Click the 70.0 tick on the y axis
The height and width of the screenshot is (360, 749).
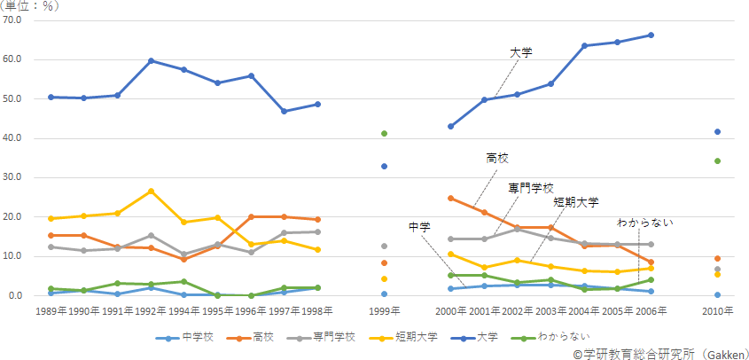18,20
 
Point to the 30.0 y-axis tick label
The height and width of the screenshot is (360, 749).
18,177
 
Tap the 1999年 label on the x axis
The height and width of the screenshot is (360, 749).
384,311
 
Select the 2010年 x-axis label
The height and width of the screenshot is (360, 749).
717,311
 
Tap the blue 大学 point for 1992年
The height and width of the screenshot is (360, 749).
152,60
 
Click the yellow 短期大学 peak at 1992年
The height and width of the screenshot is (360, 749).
152,191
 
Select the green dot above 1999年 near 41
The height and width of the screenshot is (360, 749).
384,133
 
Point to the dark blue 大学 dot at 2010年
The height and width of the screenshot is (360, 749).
717,132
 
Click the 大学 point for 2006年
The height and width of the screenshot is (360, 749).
651,35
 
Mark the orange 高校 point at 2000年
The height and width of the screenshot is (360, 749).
450,198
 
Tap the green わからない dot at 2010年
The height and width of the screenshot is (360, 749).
717,161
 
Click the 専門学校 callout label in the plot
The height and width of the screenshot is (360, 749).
530,188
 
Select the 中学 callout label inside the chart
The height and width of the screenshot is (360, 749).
419,227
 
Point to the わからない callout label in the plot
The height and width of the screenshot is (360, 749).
645,222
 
